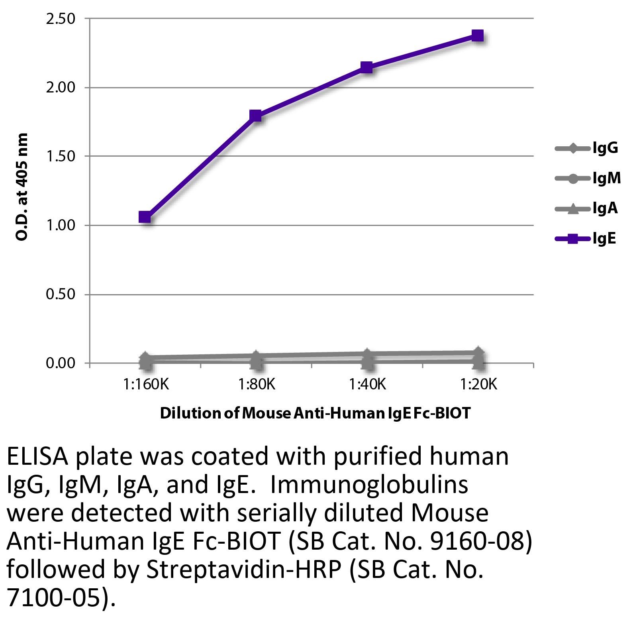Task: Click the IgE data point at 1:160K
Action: [145, 217]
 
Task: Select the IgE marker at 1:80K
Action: [255, 116]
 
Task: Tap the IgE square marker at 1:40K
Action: [366, 67]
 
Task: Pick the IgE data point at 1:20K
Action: [477, 35]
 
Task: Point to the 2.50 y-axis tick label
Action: [61, 19]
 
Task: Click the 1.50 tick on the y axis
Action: [61, 156]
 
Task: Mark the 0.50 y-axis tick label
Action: [61, 295]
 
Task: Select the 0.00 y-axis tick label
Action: [61, 364]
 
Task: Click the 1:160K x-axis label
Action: [146, 385]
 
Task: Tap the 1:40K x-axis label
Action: [367, 385]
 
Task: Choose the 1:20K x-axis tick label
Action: [478, 385]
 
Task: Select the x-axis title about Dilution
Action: [315, 413]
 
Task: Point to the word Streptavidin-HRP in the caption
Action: [243, 570]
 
